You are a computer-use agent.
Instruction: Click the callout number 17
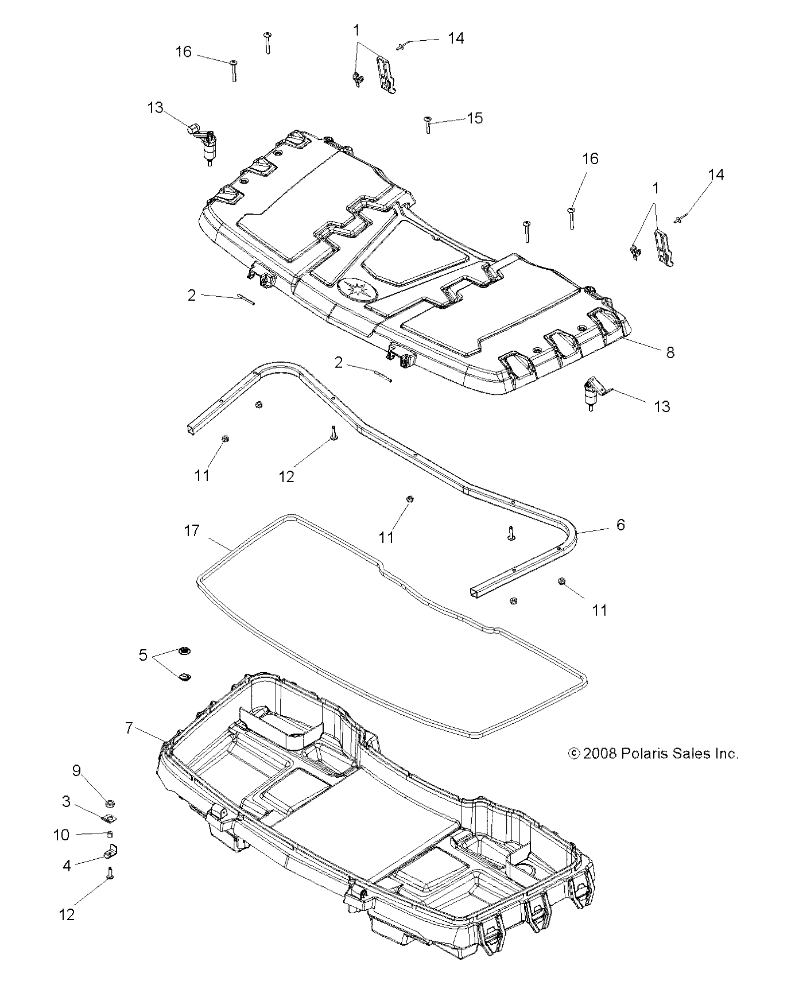click(192, 530)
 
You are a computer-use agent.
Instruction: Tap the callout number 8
click(670, 352)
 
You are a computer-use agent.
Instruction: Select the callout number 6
click(621, 525)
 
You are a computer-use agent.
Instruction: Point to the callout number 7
click(129, 728)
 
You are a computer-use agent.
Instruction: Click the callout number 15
click(475, 118)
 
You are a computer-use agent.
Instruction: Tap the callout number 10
click(61, 835)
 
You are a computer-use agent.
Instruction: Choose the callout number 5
click(144, 655)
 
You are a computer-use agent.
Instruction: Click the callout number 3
click(67, 801)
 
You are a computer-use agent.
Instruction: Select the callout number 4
click(67, 865)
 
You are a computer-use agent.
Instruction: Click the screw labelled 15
click(428, 124)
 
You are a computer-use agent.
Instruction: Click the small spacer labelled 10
click(108, 834)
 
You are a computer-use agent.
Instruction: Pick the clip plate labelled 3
click(108, 818)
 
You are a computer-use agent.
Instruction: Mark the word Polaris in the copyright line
click(645, 754)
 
